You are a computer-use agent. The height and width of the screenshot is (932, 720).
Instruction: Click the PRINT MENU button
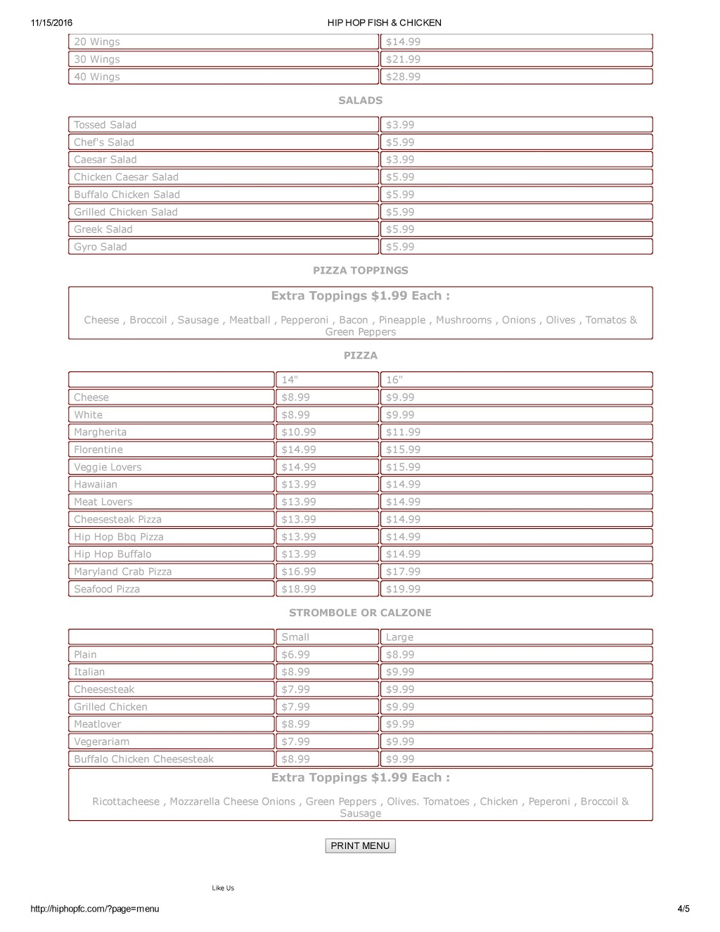360,845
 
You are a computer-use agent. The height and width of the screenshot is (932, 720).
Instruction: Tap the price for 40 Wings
403,77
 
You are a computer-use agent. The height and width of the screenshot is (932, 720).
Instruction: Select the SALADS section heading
360,101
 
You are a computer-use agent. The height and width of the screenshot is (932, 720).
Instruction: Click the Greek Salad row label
103,229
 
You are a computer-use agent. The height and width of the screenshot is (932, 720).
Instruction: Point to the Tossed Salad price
400,125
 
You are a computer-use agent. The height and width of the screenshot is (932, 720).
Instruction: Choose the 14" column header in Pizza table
290,380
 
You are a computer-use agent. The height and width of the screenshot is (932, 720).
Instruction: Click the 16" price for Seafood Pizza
403,589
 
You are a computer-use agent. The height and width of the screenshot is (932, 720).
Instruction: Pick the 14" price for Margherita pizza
299,432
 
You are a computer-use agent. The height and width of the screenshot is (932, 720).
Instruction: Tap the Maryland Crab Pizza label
123,572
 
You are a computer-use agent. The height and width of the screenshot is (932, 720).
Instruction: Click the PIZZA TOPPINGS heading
360,271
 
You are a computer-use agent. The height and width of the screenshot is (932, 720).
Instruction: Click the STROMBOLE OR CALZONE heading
360,613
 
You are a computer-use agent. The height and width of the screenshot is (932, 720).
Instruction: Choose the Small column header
295,637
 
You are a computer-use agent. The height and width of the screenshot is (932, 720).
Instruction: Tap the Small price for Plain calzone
295,655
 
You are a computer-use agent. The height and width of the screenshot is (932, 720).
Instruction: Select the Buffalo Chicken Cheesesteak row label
144,759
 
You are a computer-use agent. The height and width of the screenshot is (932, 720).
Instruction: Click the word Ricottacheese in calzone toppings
126,802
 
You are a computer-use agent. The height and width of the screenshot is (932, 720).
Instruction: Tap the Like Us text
223,888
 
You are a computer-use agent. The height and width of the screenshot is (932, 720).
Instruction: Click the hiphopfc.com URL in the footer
95,909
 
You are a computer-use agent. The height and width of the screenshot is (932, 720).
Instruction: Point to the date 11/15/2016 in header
51,23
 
